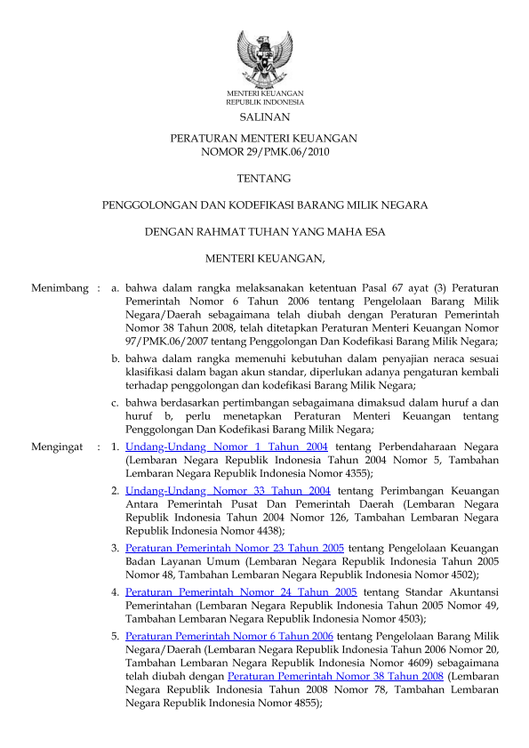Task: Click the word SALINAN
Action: coord(264,117)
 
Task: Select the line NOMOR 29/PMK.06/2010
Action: coord(264,152)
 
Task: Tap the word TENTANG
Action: coord(264,179)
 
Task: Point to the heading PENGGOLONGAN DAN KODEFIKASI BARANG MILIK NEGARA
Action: coord(264,205)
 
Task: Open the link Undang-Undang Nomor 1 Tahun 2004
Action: coord(227,446)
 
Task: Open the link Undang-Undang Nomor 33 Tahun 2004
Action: coord(228,490)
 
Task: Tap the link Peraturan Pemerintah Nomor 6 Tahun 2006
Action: coord(229,636)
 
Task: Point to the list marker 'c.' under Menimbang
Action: coord(116,402)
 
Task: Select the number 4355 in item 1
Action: coord(353,474)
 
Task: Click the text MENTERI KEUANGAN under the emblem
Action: coord(264,93)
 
